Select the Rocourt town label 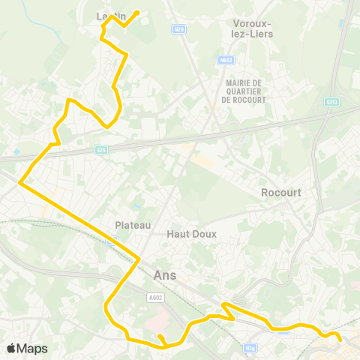[x=281, y=193]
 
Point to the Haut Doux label [x=191, y=234]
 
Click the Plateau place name [x=133, y=225]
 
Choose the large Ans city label [x=164, y=275]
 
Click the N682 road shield [x=226, y=60]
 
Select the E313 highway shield [x=332, y=102]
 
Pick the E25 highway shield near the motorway [x=102, y=150]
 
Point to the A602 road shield [x=155, y=298]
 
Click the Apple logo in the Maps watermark [x=11, y=348]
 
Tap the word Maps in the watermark [x=32, y=348]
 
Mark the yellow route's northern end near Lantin [x=137, y=12]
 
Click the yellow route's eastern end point [x=340, y=340]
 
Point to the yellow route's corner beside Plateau [x=139, y=259]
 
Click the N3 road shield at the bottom [x=250, y=348]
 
